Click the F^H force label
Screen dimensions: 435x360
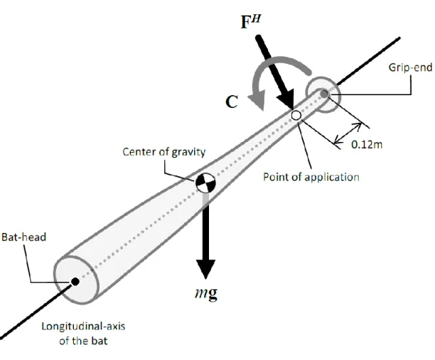tap(251, 21)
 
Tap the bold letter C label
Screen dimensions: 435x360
tap(232, 102)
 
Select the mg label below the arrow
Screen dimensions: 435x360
tap(206, 294)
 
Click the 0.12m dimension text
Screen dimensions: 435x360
tap(367, 144)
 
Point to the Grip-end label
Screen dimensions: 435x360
tap(410, 67)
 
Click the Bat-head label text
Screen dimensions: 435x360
tap(23, 237)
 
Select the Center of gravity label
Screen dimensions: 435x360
tap(164, 152)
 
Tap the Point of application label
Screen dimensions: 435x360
tap(311, 177)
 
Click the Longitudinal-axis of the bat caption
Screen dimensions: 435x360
tap(83, 334)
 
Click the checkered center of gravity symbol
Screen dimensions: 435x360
tap(205, 182)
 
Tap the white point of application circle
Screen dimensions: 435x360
tap(296, 115)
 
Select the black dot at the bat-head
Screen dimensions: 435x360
tap(75, 282)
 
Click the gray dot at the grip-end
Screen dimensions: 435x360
tap(324, 94)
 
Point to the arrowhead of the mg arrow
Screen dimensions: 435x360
tap(205, 268)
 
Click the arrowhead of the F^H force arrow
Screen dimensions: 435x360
tap(286, 100)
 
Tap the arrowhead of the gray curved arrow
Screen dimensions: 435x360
tap(257, 102)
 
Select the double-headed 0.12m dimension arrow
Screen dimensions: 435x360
tap(348, 133)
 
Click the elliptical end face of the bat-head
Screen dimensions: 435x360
tap(76, 279)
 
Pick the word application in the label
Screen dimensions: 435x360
tap(332, 178)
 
